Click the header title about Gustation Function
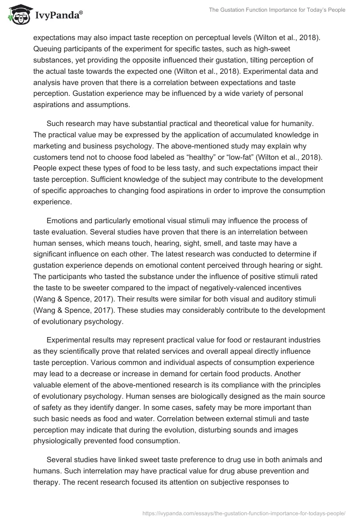click(x=277, y=10)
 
